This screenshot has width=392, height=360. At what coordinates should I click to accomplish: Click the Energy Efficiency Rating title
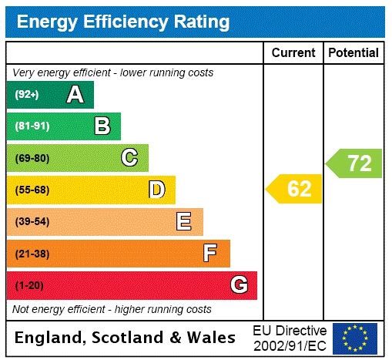(123, 22)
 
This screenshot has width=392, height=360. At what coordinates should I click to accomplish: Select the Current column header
(293, 53)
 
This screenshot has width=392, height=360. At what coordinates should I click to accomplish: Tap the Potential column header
(353, 53)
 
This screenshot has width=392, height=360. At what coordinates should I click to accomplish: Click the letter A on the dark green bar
(75, 95)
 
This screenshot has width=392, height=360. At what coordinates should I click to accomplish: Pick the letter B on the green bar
(102, 126)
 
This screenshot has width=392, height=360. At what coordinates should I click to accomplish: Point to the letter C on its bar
(129, 158)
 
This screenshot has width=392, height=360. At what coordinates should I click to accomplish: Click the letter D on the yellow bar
(156, 190)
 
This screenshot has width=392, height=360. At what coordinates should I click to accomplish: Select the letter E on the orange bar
(184, 222)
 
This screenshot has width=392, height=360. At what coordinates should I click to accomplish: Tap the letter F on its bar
(210, 254)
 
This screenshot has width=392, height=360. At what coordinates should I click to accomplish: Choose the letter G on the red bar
(239, 285)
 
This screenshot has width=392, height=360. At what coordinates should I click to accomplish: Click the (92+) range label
(27, 95)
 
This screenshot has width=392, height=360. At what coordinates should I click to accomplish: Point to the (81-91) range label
(32, 126)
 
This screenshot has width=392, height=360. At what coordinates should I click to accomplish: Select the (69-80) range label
(32, 158)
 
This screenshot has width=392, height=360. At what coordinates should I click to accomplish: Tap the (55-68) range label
(32, 190)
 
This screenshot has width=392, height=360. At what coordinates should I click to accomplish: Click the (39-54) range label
(32, 222)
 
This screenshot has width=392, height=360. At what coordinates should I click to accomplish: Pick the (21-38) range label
(32, 254)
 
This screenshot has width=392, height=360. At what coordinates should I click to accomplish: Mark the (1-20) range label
(29, 285)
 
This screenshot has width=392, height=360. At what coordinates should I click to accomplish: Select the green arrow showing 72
(355, 163)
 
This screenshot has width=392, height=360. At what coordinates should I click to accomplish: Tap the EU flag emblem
(354, 338)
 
